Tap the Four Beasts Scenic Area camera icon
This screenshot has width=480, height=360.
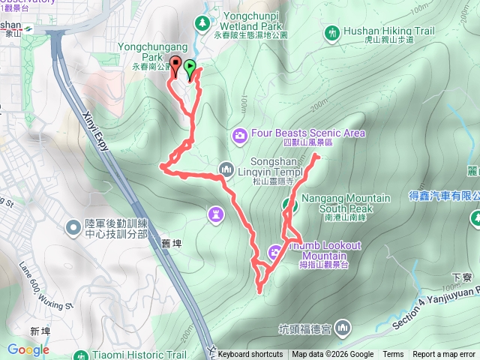click(x=240, y=134)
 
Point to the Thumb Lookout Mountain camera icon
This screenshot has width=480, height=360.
click(x=275, y=251)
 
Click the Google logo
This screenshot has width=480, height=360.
click(x=28, y=349)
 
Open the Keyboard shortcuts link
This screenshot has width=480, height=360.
click(x=250, y=355)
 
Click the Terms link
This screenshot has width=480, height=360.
click(x=393, y=355)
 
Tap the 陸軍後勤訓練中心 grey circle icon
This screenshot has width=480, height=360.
click(x=73, y=226)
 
